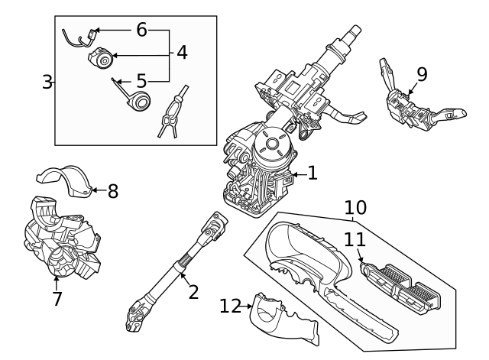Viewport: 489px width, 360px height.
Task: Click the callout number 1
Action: coord(312,174)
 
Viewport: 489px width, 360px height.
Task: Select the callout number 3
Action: coord(47,81)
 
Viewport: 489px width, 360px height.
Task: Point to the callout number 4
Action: coord(182,53)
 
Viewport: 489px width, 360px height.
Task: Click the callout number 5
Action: coord(141,79)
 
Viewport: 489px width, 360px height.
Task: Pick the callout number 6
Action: coord(141,30)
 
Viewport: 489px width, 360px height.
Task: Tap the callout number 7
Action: coord(57,299)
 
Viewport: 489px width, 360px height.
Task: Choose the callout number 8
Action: coord(112,190)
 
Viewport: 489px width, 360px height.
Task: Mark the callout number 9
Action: coord(422,74)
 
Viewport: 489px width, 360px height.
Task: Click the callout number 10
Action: coord(355,207)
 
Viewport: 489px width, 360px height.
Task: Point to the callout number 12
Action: coord(230,306)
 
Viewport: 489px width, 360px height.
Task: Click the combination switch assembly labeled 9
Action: coord(413,107)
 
